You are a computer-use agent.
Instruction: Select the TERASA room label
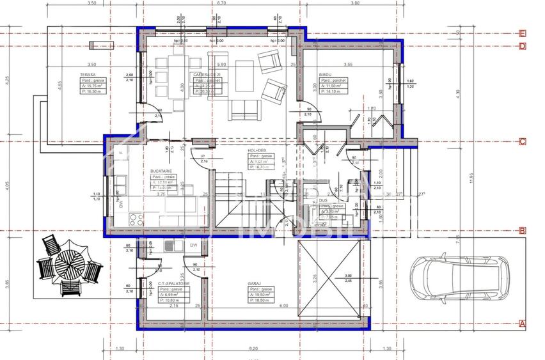pyautogui.click(x=88, y=75)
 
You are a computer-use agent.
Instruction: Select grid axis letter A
pyautogui.click(x=523, y=324)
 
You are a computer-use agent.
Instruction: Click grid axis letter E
pyautogui.click(x=523, y=33)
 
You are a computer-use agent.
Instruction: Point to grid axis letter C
pyautogui.click(x=523, y=142)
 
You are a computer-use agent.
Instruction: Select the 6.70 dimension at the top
pyautogui.click(x=221, y=3)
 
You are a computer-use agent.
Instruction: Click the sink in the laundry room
pyautogui.click(x=169, y=245)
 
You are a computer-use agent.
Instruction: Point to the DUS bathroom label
pyautogui.click(x=324, y=200)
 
